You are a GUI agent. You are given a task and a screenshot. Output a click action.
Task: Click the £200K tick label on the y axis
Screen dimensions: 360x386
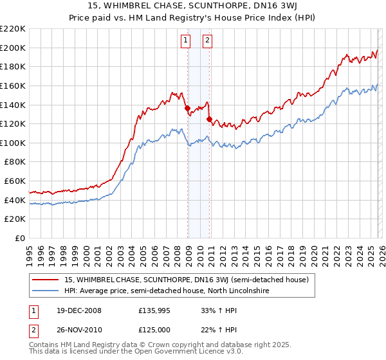point(14,48)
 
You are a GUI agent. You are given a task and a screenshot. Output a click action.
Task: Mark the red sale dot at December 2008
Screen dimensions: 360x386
point(187,109)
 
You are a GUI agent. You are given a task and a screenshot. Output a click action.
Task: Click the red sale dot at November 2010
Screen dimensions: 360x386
point(209,119)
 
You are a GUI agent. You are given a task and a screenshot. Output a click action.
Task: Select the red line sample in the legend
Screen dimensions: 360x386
point(46,280)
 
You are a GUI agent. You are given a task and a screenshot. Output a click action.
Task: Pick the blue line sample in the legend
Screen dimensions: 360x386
point(46,291)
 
